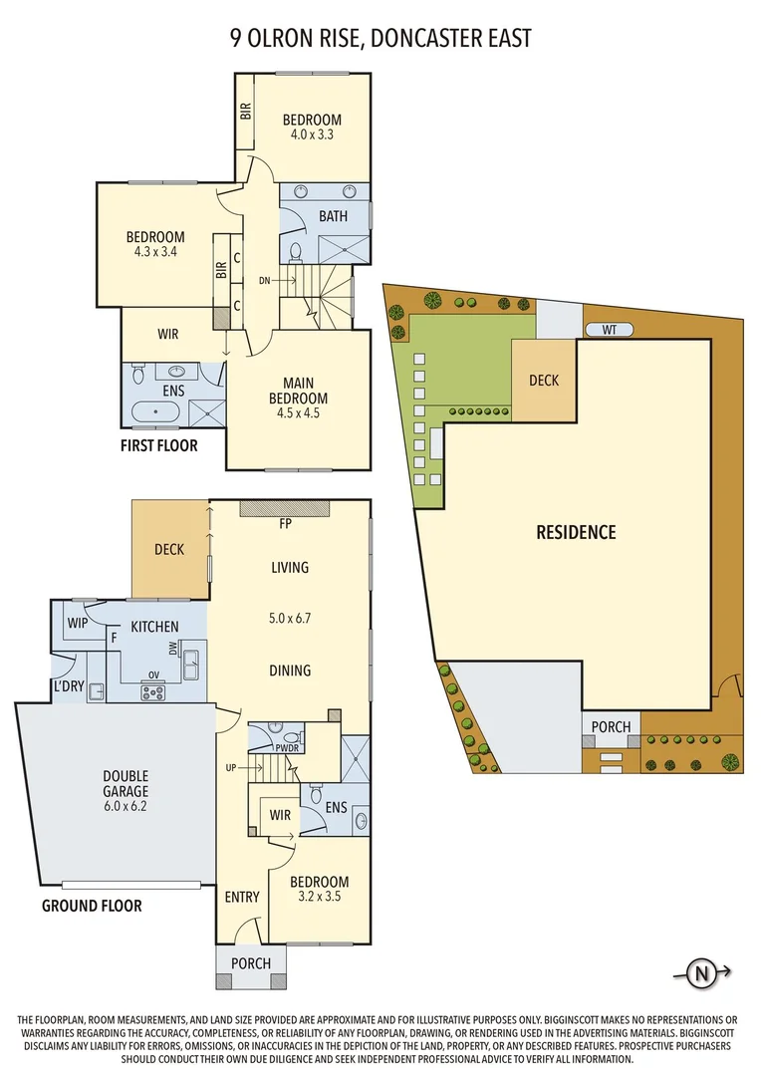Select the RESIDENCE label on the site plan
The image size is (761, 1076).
click(x=576, y=532)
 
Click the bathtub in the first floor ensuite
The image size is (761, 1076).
click(x=158, y=411)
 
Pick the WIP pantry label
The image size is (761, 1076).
click(x=78, y=623)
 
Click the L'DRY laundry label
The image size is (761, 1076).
click(x=68, y=687)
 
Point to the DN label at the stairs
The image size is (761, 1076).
click(x=264, y=281)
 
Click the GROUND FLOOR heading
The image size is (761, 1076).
click(x=92, y=906)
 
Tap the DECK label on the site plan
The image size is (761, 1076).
click(x=544, y=380)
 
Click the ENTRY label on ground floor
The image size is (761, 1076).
click(x=242, y=897)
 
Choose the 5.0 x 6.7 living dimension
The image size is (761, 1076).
click(x=290, y=618)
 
